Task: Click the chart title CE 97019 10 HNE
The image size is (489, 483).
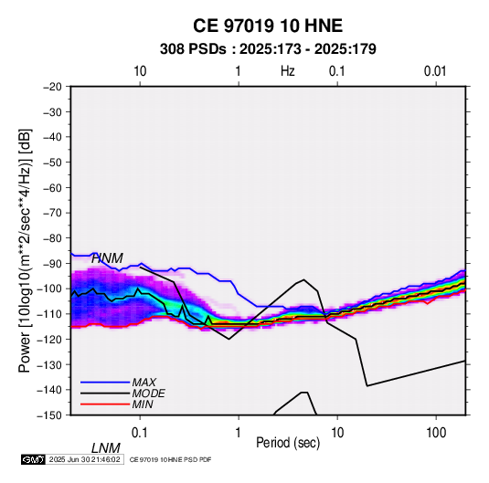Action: (268, 26)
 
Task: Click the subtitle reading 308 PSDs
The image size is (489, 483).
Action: (193, 49)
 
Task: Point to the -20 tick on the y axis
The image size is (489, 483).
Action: (53, 87)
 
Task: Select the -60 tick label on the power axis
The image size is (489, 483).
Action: (53, 187)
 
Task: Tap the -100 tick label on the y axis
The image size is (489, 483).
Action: (49, 289)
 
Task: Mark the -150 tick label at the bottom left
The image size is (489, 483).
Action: (49, 415)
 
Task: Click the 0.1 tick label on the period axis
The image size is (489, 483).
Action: (140, 433)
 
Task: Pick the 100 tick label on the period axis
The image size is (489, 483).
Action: (436, 433)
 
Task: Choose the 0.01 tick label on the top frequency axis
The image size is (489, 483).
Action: (435, 71)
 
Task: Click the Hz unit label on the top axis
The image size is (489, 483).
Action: (288, 71)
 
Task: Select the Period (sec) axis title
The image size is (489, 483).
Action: (288, 443)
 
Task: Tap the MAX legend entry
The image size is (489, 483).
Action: (144, 382)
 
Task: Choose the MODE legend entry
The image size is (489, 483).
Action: (148, 394)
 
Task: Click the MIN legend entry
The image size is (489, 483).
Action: (143, 404)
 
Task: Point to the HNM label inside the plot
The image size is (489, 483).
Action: (107, 258)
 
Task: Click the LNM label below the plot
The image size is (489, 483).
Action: (106, 448)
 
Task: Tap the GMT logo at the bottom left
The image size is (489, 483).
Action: (34, 459)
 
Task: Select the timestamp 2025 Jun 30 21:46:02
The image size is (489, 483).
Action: (84, 459)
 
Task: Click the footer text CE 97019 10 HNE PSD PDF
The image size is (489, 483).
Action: (170, 459)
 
